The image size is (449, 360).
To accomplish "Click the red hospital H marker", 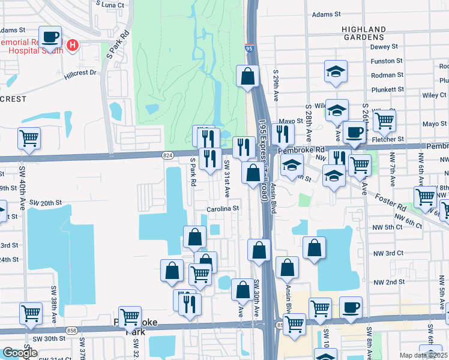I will pyautogui.click(x=73, y=45).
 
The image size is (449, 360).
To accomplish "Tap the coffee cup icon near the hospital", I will pyautogui.click(x=51, y=37).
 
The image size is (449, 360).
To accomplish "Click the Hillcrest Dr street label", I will pyautogui.click(x=81, y=73).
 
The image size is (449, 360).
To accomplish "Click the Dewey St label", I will pyautogui.click(x=384, y=47).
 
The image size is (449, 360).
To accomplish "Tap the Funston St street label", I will pyautogui.click(x=387, y=61).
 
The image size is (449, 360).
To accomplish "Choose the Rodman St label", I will pyautogui.click(x=387, y=75).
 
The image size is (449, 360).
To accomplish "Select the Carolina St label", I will pyautogui.click(x=223, y=209).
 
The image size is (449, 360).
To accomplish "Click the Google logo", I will pyautogui.click(x=19, y=353).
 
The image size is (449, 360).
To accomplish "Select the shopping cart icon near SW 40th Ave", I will pyautogui.click(x=29, y=139).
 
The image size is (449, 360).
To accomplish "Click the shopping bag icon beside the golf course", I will pyautogui.click(x=247, y=76).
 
